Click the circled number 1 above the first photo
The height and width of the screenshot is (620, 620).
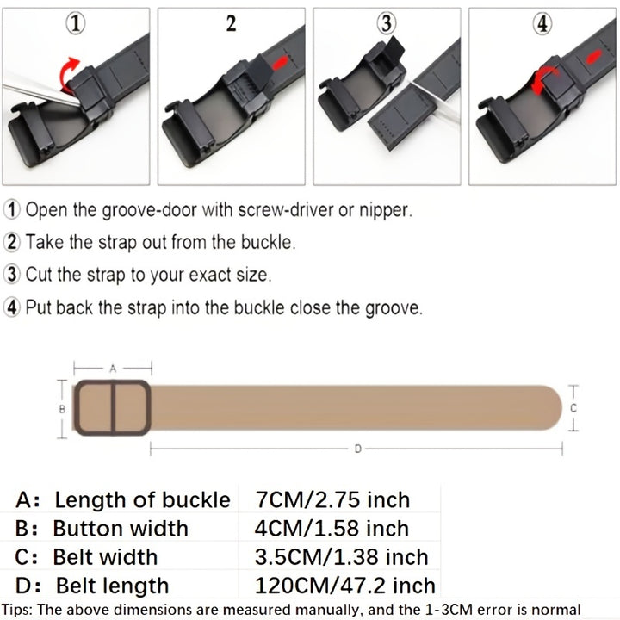tap(77, 25)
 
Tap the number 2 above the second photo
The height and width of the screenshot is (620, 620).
tap(231, 24)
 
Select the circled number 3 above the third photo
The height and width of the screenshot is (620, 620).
tap(386, 24)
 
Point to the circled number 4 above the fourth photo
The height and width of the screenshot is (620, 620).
tap(542, 25)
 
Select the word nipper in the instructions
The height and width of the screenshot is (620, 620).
tap(384, 210)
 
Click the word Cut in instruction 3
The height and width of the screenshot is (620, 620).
tap(38, 276)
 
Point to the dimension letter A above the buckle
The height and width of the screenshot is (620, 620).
tap(112, 368)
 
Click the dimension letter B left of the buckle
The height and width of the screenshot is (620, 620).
tap(62, 409)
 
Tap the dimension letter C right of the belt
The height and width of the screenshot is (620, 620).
tap(573, 407)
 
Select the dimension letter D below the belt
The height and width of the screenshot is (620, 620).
tap(357, 448)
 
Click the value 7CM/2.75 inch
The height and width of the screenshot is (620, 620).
tap(332, 499)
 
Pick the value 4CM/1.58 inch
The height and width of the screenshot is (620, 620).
tap(332, 528)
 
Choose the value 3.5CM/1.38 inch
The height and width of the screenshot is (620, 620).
tap(341, 557)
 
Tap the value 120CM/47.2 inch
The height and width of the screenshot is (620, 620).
tap(344, 586)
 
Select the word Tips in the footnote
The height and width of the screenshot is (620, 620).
tap(17, 610)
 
